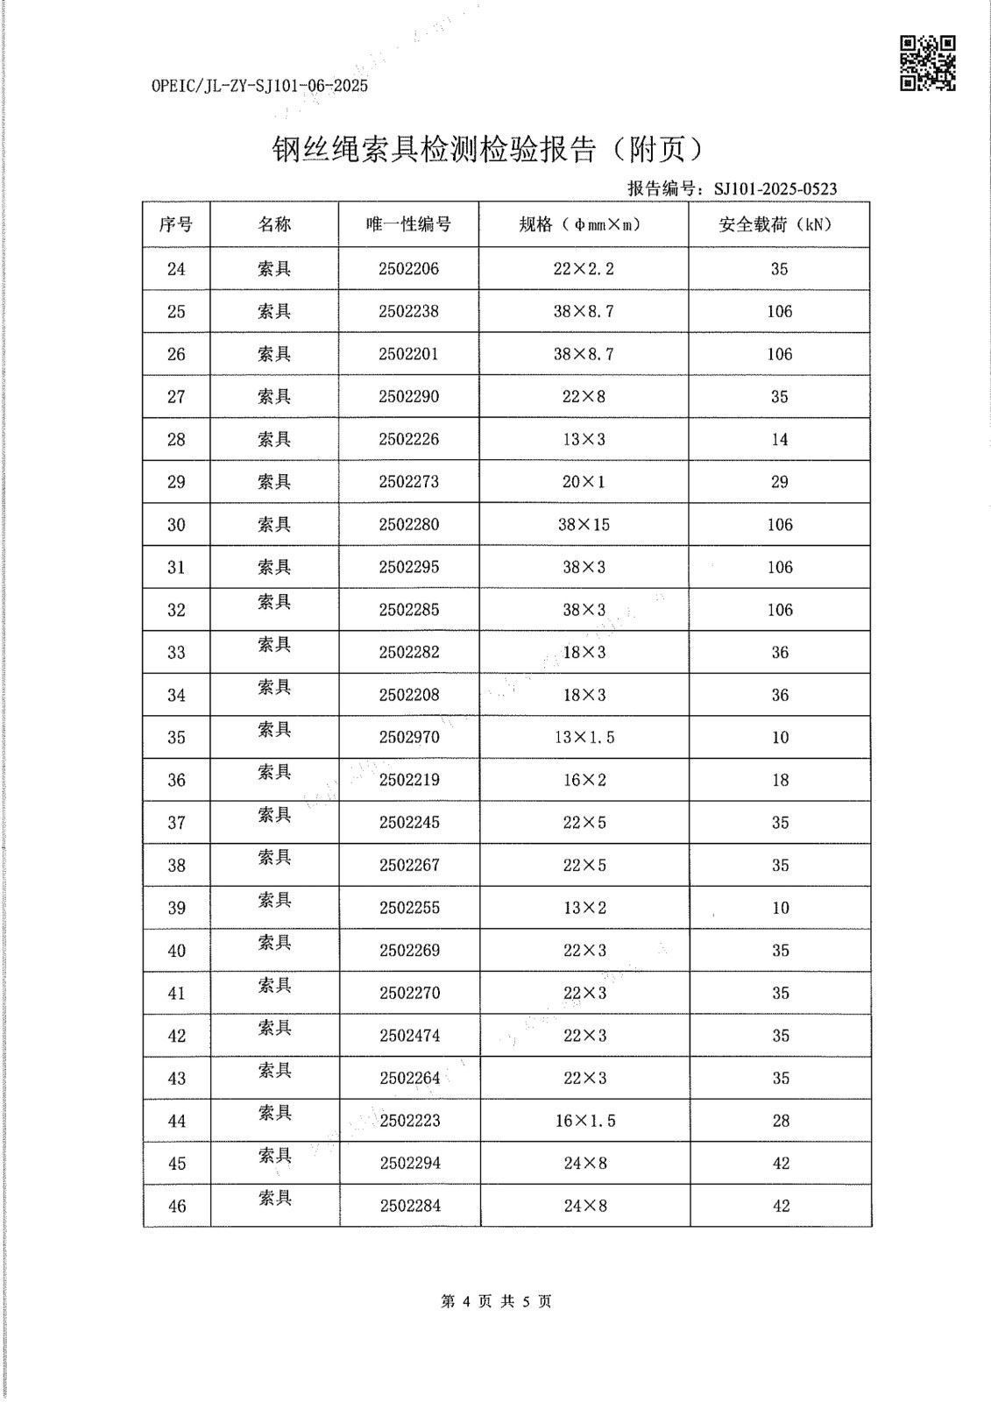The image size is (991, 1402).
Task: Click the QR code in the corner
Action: pos(928,63)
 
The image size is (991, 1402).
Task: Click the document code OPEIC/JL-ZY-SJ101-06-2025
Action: pos(259,86)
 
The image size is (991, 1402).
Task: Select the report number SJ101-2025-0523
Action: pos(775,188)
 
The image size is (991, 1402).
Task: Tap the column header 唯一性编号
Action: pos(408,224)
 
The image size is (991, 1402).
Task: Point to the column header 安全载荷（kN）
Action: pos(779,224)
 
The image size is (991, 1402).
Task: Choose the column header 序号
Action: pos(176,224)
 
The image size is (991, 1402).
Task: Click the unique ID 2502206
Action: pos(408,269)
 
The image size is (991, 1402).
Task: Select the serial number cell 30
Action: pos(176,525)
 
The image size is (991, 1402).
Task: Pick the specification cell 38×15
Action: pos(584,525)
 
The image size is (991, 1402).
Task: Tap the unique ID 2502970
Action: pos(408,738)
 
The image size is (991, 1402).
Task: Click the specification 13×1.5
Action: pos(584,738)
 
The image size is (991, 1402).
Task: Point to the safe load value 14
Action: pos(779,440)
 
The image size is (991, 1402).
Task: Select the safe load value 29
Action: pos(779,482)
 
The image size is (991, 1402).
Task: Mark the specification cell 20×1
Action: pos(584,482)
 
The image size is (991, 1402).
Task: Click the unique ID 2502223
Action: pos(410,1121)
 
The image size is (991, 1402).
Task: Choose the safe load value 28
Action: pos(781,1121)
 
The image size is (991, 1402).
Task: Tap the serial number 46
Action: pos(177,1207)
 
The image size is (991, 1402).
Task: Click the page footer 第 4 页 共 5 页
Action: pos(496,1302)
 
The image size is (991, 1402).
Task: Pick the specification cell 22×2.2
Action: pos(584,269)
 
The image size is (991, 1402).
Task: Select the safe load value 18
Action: pos(780,780)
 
